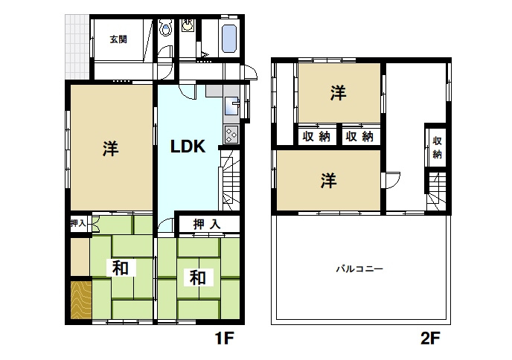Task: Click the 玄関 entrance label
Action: coord(118,39)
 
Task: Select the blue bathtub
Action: coord(229,38)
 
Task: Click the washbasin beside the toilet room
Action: coord(188,25)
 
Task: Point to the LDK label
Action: coord(188,147)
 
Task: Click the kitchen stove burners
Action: coord(231,135)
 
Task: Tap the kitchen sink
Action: coord(231,106)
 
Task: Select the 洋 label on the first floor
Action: coord(111,149)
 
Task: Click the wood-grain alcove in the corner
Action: coord(81,299)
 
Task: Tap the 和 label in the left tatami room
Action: coord(120,269)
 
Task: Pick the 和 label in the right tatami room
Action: coord(198,277)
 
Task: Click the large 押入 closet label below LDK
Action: coord(207,224)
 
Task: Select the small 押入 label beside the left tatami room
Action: coord(78,224)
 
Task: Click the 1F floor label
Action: coord(224,338)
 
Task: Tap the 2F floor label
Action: coord(430,338)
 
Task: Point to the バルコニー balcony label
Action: coord(359,269)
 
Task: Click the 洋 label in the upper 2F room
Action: coord(338,93)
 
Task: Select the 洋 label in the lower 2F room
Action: coord(328,181)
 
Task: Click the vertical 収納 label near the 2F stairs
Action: coord(438,147)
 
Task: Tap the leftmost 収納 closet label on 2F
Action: coord(316,136)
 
